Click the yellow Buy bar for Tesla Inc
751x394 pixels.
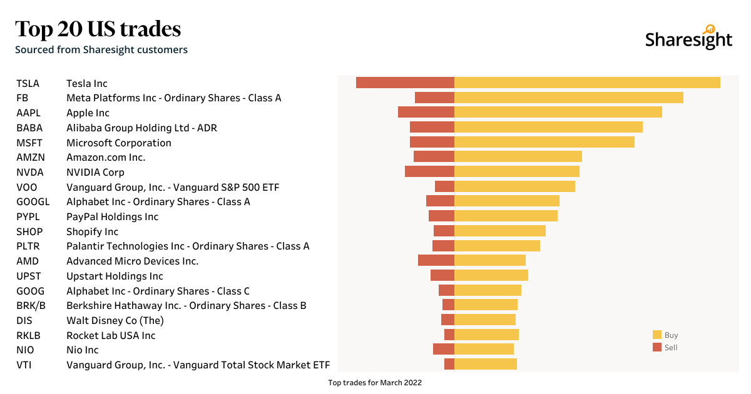(x=587, y=83)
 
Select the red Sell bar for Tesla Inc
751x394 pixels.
(x=405, y=83)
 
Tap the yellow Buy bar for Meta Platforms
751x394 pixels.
(x=568, y=98)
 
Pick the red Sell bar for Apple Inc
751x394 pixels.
(x=426, y=112)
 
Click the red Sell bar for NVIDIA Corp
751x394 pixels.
(x=429, y=171)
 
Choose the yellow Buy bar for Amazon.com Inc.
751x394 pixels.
(x=518, y=156)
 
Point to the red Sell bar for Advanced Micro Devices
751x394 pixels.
(x=436, y=261)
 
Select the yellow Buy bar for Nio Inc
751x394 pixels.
(x=484, y=349)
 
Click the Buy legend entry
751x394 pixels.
(x=665, y=335)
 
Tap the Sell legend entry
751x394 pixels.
(x=665, y=348)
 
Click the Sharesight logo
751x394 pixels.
(x=688, y=39)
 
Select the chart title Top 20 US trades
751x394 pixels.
(x=98, y=29)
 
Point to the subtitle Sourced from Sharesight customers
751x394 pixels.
(x=101, y=49)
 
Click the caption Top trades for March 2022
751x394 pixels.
(x=375, y=383)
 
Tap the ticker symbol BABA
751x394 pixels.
(x=29, y=128)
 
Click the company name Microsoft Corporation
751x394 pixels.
(x=119, y=143)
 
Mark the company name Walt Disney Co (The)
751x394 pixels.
(x=115, y=321)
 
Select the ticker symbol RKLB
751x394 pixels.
(x=29, y=336)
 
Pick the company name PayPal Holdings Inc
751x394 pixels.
(x=113, y=217)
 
